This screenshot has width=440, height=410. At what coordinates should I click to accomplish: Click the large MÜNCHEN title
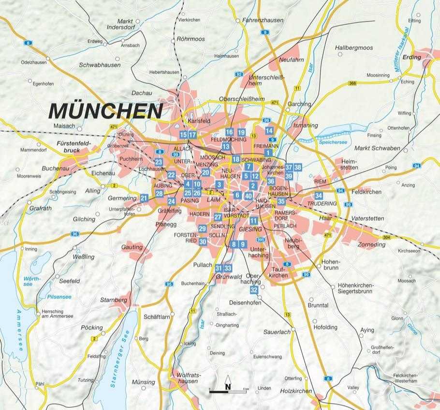pyautogui.click(x=105, y=111)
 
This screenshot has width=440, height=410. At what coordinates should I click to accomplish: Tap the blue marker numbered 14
pyautogui.click(x=269, y=131)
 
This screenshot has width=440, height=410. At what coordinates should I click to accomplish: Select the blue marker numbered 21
pyautogui.click(x=144, y=198)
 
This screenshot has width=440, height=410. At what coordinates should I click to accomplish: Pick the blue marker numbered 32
pyautogui.click(x=254, y=290)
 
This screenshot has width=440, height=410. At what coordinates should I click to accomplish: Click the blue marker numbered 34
pyautogui.click(x=318, y=196)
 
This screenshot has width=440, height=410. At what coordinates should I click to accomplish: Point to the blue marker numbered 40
pyautogui.click(x=249, y=196)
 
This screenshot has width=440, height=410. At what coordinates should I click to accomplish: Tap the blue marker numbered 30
pyautogui.click(x=203, y=242)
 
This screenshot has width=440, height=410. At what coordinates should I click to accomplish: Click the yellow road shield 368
pyautogui.click(x=352, y=83)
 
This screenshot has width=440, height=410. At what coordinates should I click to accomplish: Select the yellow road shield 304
pyautogui.click(x=386, y=238)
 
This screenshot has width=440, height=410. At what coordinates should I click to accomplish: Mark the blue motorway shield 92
pyautogui.click(x=239, y=74)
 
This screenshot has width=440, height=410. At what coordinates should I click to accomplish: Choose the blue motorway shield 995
pyautogui.click(x=261, y=240)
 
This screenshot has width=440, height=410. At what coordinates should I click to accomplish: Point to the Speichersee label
pyautogui.click(x=333, y=142)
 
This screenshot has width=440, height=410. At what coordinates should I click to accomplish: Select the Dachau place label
pyautogui.click(x=142, y=93)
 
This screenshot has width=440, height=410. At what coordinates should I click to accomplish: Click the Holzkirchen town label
pyautogui.click(x=296, y=391)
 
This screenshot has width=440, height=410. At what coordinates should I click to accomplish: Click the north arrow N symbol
pyautogui.click(x=227, y=387)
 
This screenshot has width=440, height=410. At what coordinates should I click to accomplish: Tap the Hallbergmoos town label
pyautogui.click(x=354, y=48)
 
